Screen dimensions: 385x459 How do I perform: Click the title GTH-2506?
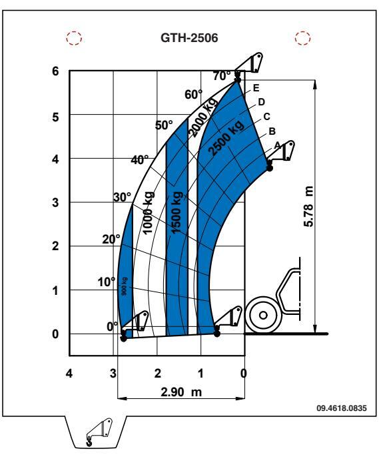point(189,38)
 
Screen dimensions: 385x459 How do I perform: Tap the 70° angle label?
point(222,76)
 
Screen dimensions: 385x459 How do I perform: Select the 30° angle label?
point(122,197)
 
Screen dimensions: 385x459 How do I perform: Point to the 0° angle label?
point(112,326)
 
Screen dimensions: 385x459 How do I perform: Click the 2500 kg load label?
point(226,137)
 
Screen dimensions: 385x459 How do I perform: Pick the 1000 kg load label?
point(149,213)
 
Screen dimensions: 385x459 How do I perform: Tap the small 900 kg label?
point(125,287)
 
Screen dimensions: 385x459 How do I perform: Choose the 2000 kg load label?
point(202,117)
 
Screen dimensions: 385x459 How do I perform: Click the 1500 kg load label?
point(177,213)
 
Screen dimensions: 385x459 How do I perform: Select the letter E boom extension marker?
point(256,88)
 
